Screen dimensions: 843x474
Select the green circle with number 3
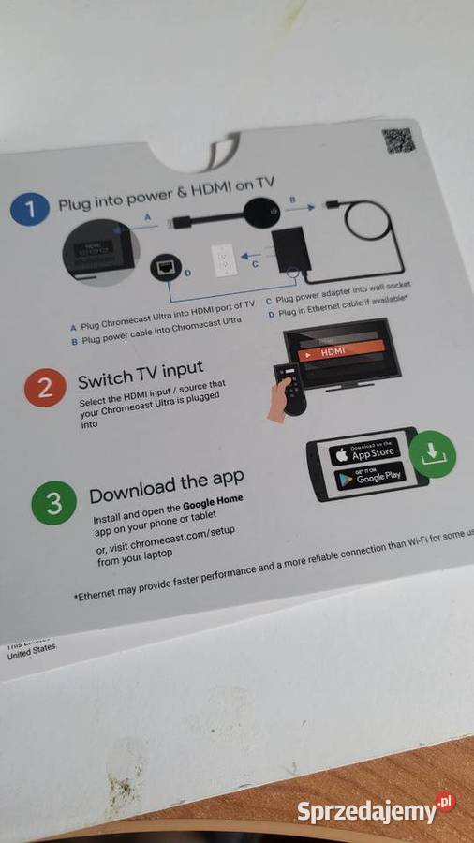53,504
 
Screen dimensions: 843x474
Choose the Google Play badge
369,478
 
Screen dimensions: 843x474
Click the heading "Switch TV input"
140,375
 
